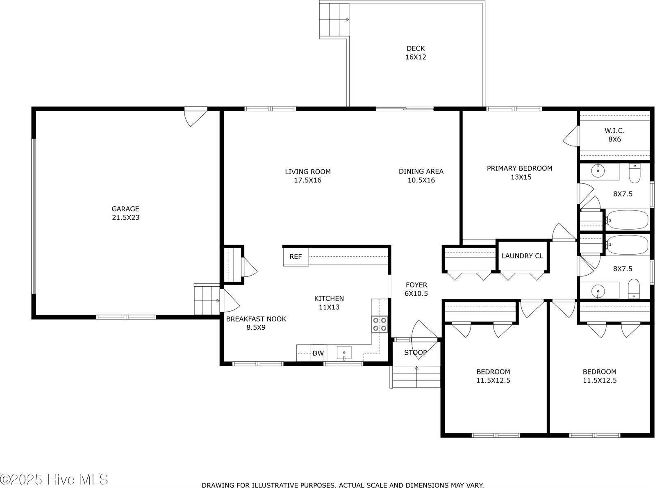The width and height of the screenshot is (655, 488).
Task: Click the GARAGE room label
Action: [x=125, y=209]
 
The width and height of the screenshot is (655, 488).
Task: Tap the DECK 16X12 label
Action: [x=416, y=52]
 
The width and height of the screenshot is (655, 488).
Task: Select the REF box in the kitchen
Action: [x=296, y=257]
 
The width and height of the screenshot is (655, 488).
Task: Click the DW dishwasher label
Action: [x=318, y=353]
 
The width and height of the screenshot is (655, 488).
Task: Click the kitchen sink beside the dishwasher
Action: [x=344, y=353]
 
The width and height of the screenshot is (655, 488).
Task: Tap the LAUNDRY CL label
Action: [x=522, y=256]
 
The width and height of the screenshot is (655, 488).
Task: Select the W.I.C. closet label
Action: [x=614, y=130]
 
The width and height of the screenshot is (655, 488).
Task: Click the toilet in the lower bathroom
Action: [x=634, y=289]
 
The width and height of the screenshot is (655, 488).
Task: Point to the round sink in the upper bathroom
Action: [x=598, y=171]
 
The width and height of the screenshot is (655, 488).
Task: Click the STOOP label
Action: [x=415, y=352]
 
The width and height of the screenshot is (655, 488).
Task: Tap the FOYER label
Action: [x=416, y=285]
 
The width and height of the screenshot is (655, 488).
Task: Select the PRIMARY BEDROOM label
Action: [x=519, y=168]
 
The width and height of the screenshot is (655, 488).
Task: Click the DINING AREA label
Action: [x=421, y=171]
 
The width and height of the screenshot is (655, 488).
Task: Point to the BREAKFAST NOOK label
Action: [x=256, y=319]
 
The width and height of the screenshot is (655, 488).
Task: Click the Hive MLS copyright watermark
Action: [x=54, y=479]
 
